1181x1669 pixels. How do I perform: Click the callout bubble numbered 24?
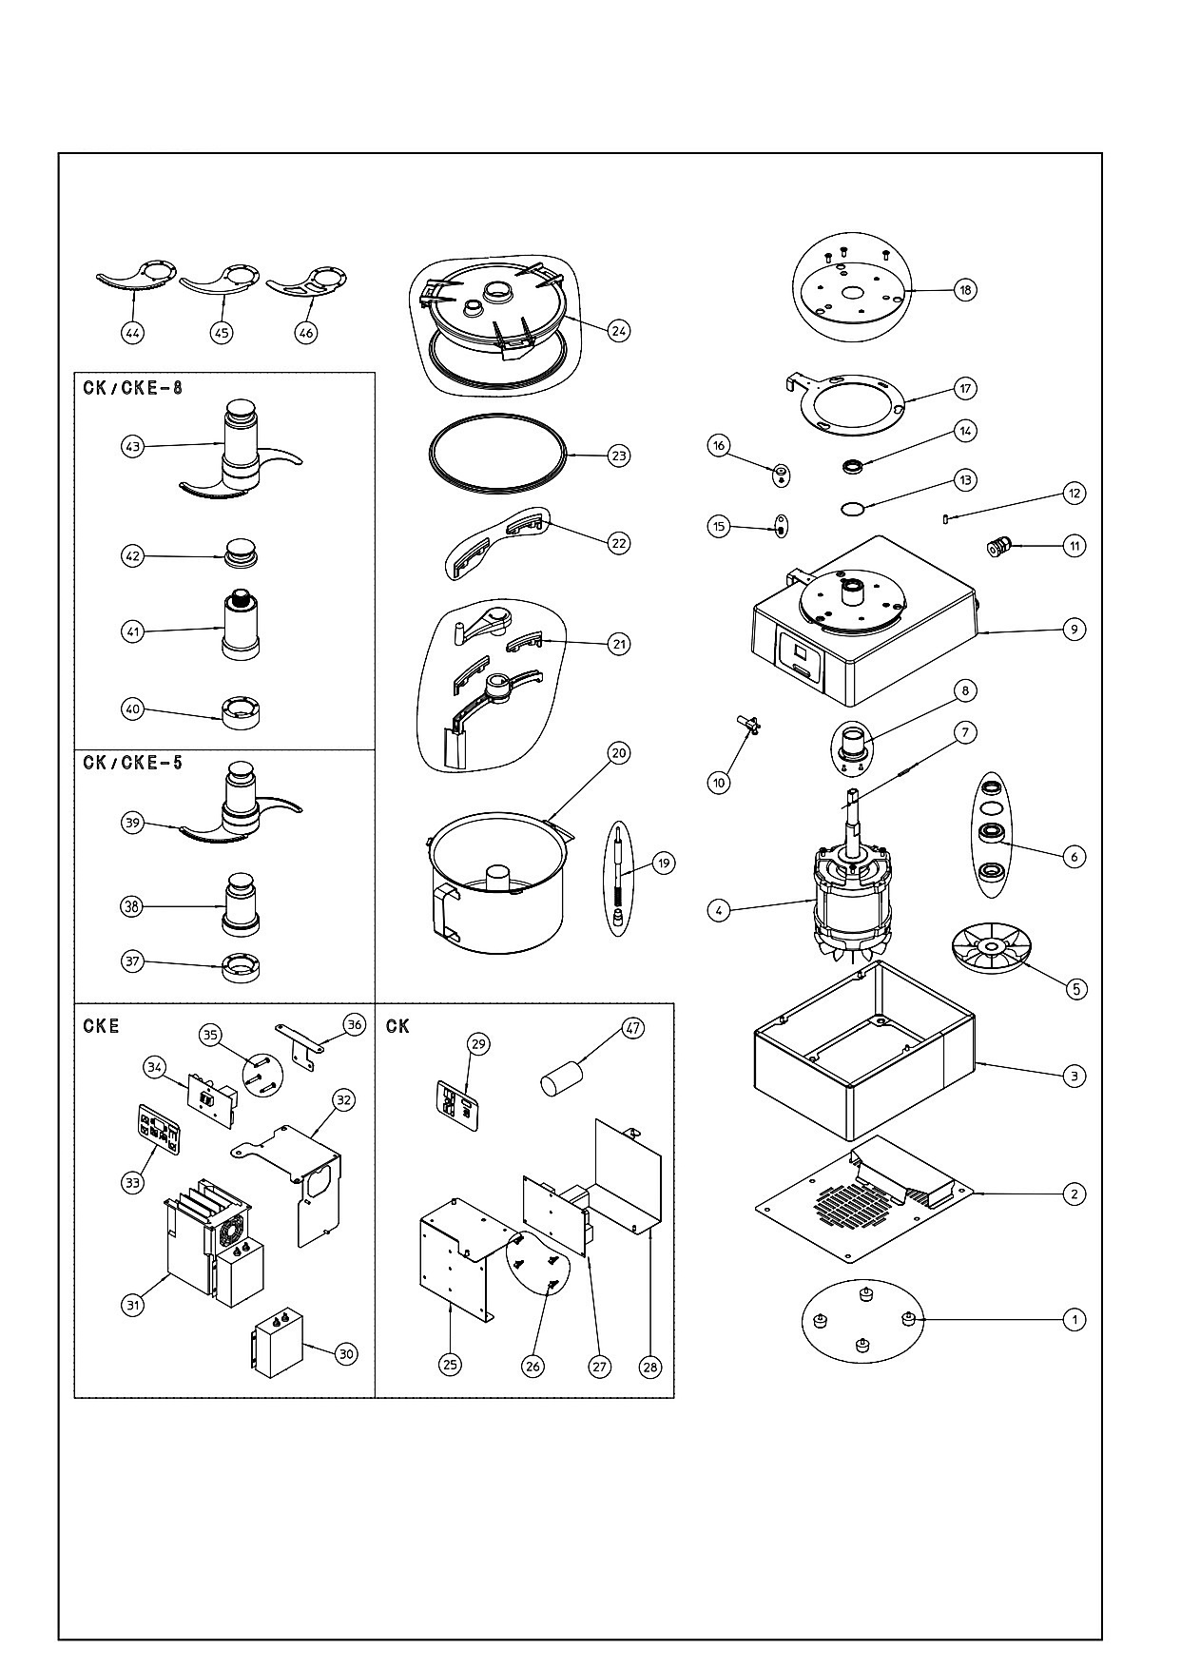tap(619, 331)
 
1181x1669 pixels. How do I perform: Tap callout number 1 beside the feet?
tap(1074, 1319)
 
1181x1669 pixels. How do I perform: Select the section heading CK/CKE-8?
tap(132, 387)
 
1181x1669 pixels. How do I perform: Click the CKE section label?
tap(101, 1026)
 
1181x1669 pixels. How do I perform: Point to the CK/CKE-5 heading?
tap(132, 763)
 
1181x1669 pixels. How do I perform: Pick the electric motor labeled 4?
tap(853, 889)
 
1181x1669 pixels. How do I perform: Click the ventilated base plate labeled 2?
tap(866, 1198)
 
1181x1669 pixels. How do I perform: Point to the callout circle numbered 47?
tap(632, 1027)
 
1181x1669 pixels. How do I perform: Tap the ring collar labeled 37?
tap(240, 967)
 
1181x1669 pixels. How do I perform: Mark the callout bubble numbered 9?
tap(1074, 629)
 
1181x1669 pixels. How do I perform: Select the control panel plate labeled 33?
tap(159, 1129)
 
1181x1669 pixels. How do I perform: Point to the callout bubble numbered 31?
tap(133, 1304)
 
